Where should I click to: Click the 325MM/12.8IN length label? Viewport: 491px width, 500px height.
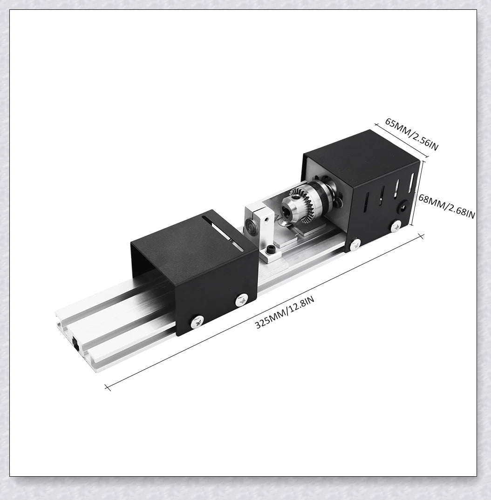(284, 312)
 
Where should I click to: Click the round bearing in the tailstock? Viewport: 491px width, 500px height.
(251, 230)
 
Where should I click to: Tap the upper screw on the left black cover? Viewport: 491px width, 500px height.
(242, 299)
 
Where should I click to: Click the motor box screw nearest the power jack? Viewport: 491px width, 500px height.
(396, 226)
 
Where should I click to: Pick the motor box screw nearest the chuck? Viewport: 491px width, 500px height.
(356, 243)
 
